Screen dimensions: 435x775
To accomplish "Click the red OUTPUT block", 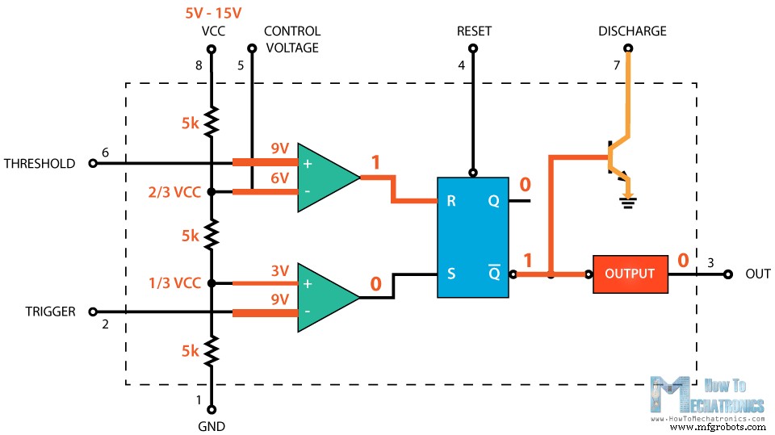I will (x=630, y=274).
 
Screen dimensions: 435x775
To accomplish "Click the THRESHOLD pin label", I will (x=40, y=163).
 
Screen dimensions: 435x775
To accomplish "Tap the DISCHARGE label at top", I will (x=632, y=31).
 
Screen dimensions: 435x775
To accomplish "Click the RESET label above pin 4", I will (x=474, y=31).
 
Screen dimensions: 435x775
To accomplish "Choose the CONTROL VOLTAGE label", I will (x=291, y=40).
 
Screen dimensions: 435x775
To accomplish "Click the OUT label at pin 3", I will (x=758, y=274).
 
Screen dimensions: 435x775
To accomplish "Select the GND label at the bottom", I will (x=212, y=426).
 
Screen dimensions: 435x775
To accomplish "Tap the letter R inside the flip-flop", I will (x=451, y=201).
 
